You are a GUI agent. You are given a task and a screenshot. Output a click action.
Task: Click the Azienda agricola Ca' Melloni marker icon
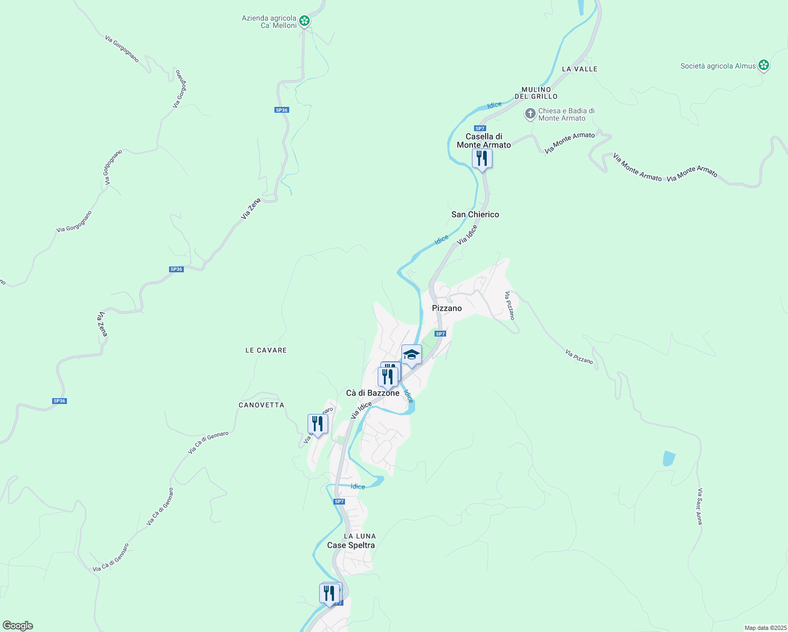coord(304,21)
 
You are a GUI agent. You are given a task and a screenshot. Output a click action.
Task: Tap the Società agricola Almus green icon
coord(764,66)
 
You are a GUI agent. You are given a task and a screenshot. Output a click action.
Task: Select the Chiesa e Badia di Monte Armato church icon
coord(530,114)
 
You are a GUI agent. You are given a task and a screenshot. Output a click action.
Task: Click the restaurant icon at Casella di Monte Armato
coord(482,158)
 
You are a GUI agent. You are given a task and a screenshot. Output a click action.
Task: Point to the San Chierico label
coord(475,214)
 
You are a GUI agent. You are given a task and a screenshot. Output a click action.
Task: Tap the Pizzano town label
coord(447,308)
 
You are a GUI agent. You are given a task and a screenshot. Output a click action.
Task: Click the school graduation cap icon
coord(411,354)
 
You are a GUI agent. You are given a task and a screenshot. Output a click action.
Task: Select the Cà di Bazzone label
coord(372,393)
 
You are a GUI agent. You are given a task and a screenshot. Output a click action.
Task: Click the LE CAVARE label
coord(266,350)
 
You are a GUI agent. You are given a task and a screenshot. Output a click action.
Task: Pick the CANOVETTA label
coord(261,405)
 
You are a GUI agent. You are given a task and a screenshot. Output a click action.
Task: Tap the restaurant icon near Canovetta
coord(318,424)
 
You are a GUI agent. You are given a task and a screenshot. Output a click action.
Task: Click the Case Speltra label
coord(351,545)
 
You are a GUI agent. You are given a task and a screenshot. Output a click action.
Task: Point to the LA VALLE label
coord(579,69)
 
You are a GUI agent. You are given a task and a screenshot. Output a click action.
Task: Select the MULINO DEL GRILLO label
coord(536,93)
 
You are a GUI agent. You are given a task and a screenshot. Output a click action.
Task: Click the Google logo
coord(18,625)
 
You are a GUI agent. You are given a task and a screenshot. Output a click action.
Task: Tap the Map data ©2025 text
coord(765,628)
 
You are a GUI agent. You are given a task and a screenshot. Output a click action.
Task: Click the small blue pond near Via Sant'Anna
coord(669,458)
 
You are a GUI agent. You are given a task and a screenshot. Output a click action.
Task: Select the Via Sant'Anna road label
coord(700,506)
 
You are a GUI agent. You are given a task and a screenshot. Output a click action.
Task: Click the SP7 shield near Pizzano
coord(440,334)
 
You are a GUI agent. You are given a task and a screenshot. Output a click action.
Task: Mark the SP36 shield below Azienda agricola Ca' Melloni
coord(282,110)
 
